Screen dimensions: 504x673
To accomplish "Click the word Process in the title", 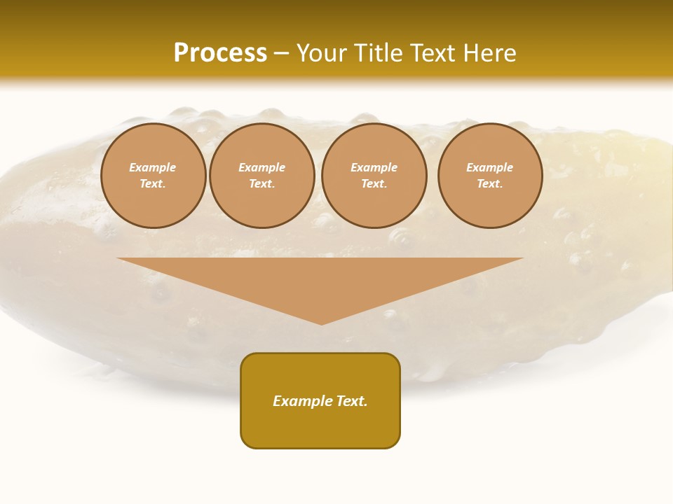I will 220,53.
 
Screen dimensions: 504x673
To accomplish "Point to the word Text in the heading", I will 433,53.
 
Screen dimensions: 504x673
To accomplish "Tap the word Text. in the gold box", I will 352,401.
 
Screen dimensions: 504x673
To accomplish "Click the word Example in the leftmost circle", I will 153,167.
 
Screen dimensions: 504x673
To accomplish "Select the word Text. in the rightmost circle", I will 489,183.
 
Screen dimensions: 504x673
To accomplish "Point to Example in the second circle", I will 261,167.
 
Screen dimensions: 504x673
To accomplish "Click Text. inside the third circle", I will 374,183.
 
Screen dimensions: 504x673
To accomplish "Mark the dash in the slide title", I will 281,53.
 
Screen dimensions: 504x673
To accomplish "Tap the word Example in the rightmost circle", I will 489,167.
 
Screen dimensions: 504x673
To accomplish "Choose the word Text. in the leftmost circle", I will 153,183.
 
